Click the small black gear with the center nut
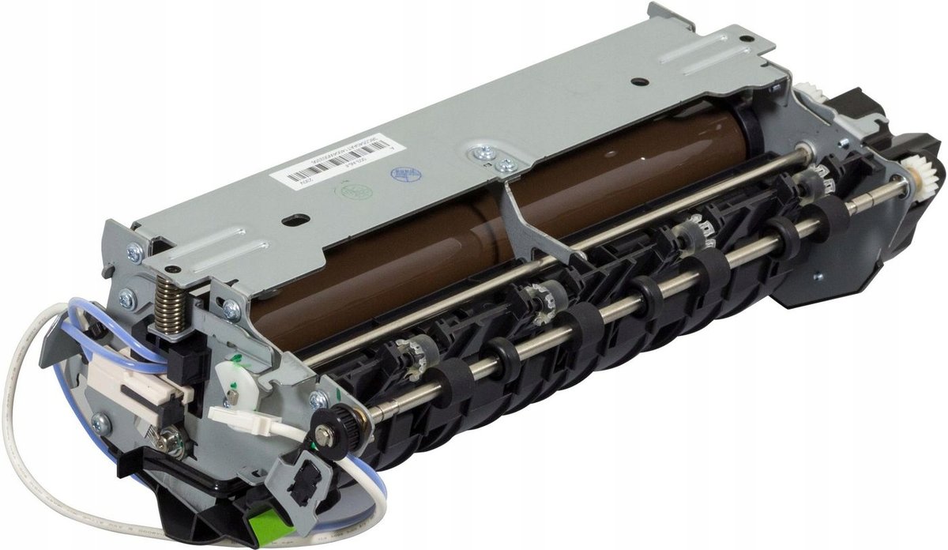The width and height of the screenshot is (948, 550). [325, 433]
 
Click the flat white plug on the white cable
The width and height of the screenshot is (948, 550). [235, 419]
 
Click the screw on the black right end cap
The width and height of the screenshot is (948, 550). [818, 277]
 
